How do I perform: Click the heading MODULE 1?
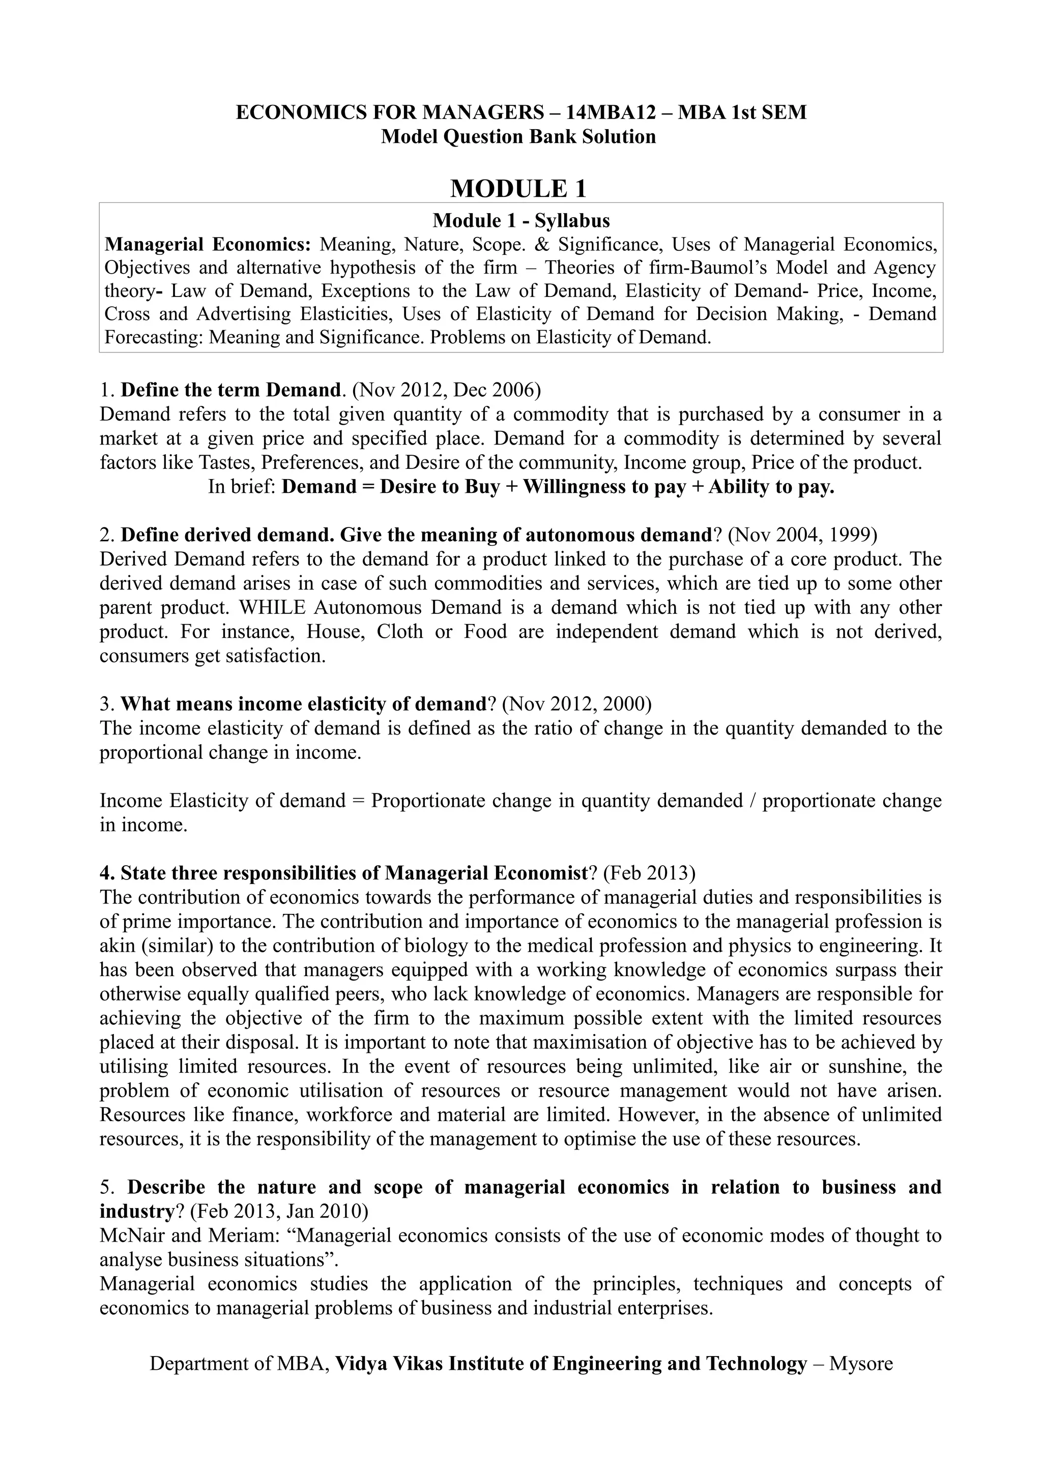click(519, 189)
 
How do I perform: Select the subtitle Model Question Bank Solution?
click(519, 137)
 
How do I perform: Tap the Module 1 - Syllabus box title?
click(520, 221)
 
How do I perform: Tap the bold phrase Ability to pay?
click(772, 487)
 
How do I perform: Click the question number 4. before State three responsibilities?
click(107, 873)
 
